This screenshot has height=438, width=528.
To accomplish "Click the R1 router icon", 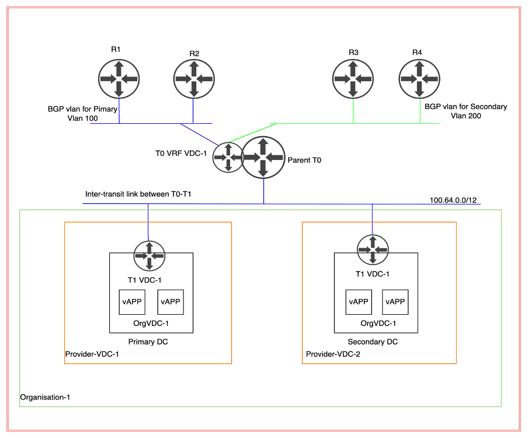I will (119, 79).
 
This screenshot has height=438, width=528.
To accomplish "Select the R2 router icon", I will (194, 79).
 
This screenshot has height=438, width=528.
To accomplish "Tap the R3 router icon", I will (353, 79).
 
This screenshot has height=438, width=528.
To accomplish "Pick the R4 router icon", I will (419, 79).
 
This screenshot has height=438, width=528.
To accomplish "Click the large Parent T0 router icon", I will (263, 157).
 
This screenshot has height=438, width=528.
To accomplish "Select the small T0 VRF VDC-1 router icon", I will (228, 157).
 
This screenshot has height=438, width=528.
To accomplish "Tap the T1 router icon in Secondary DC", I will (372, 249).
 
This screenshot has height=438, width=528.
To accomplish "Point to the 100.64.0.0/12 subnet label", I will (453, 200).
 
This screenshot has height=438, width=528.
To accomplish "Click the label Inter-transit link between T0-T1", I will (138, 194).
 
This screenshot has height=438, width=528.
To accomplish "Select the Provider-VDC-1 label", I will (92, 354).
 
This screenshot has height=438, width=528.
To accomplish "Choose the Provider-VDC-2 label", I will (334, 354).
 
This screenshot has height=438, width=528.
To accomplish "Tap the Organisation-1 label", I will (45, 397).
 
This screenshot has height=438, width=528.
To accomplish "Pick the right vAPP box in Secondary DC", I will (395, 302).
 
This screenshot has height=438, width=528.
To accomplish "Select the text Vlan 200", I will (466, 116).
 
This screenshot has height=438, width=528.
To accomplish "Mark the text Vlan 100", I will (82, 119).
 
